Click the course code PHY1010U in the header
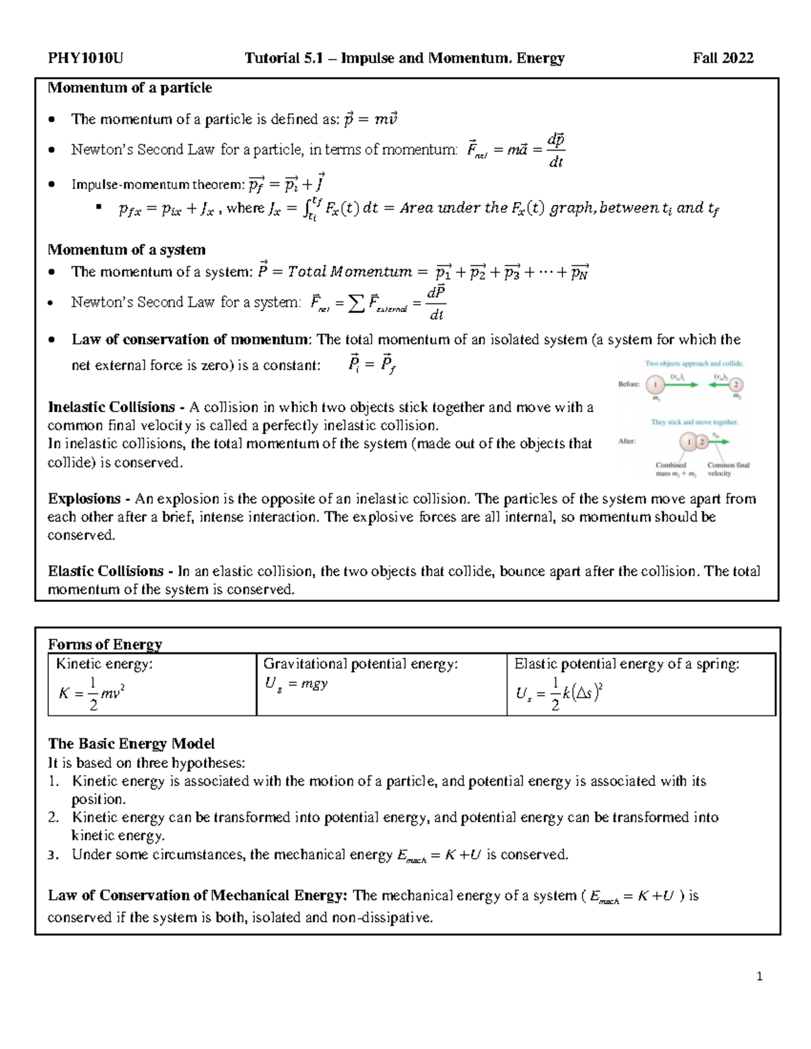(x=85, y=58)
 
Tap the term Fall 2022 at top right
(x=723, y=58)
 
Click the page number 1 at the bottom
(x=760, y=976)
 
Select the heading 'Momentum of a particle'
(x=130, y=88)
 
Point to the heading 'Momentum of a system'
(x=126, y=249)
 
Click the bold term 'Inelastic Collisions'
(x=112, y=407)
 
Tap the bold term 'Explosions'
(x=84, y=498)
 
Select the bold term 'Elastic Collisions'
(x=106, y=571)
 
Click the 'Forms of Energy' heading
(x=105, y=644)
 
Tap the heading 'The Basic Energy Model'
(x=131, y=744)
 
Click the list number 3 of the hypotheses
(x=54, y=855)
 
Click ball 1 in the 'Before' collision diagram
(x=654, y=384)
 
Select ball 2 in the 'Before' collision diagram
(x=735, y=384)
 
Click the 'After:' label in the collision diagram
(x=627, y=441)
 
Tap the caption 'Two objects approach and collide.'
(x=694, y=363)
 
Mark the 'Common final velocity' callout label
(x=728, y=469)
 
